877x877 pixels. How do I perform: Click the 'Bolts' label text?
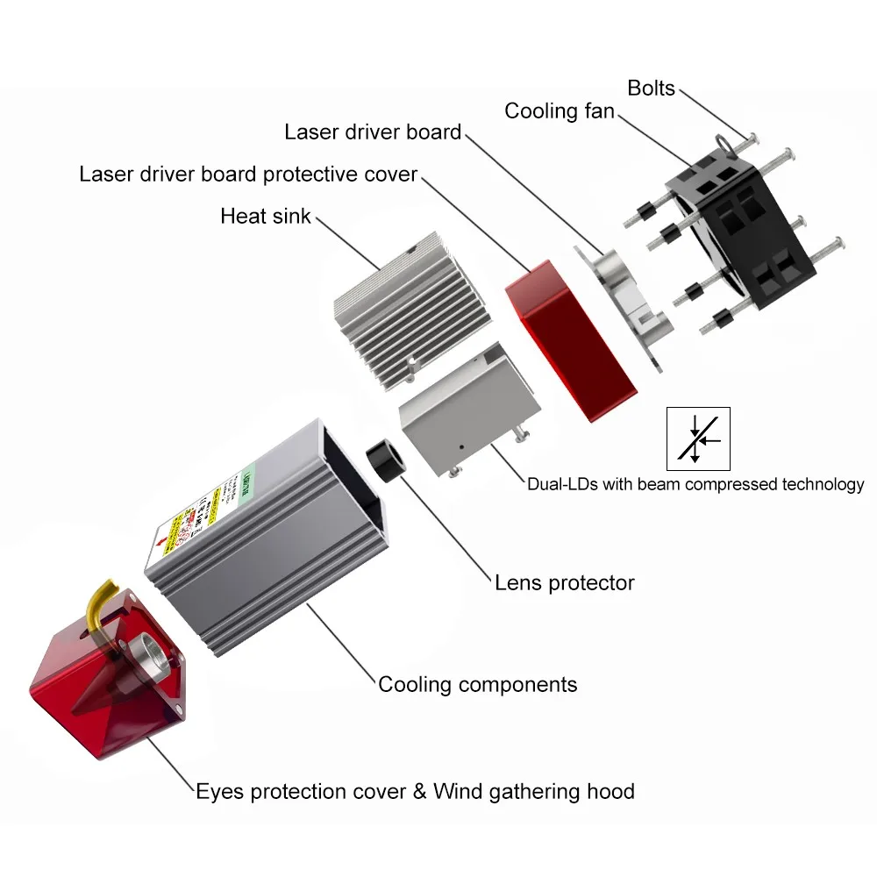coord(651,88)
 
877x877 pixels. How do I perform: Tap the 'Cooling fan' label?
coord(559,111)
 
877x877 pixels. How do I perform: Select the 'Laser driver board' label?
coord(373,132)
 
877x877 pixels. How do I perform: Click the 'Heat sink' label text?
coord(265,216)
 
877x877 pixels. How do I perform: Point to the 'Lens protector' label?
coord(564,582)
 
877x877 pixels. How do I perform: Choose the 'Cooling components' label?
coord(478,684)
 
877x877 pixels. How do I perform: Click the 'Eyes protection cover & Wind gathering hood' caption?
coord(415,792)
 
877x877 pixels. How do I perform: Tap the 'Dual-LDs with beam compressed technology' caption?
coord(695,484)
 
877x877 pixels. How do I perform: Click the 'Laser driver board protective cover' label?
coord(248,174)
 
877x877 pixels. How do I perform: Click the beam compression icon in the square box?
coord(698,438)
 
